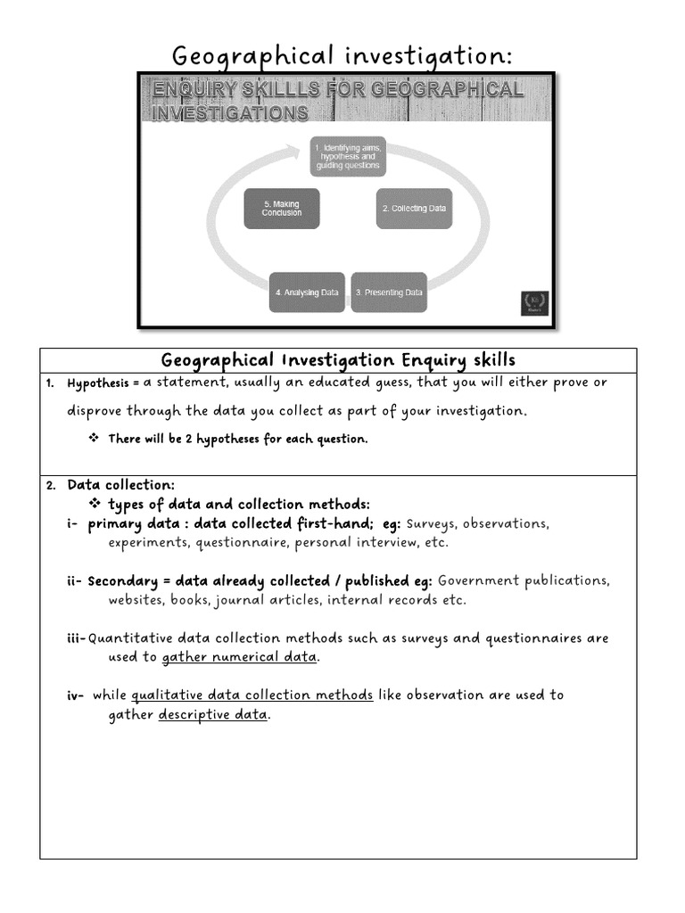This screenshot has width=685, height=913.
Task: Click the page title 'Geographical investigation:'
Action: [x=342, y=55]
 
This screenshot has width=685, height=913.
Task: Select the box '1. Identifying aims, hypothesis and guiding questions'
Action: [x=348, y=156]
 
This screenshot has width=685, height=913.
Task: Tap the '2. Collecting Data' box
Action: [x=414, y=209]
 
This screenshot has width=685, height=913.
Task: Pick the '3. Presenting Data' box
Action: [x=389, y=292]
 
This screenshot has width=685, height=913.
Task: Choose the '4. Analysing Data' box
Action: [x=307, y=292]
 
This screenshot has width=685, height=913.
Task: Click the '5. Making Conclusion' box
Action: [x=281, y=209]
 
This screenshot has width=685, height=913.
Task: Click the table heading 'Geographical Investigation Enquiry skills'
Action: [x=338, y=360]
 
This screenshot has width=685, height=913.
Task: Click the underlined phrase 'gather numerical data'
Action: [x=239, y=657]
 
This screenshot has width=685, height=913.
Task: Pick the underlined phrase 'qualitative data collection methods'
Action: [x=252, y=695]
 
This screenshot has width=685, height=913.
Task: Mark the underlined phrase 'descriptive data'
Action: [x=212, y=714]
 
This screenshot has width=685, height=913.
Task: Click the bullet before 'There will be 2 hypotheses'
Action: [x=94, y=439]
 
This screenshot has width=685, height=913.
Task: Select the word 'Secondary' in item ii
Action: [x=120, y=580]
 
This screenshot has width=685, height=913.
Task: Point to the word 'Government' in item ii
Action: [x=478, y=580]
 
